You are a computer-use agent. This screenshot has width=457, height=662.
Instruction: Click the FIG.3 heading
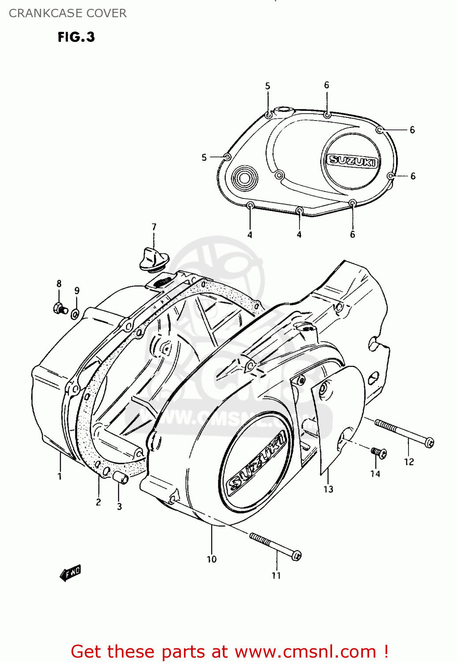(76, 37)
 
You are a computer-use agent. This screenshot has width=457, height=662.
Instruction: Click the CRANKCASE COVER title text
(67, 13)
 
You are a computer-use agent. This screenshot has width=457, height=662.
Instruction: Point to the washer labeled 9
(75, 314)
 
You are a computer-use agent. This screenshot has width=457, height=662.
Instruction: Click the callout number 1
(60, 476)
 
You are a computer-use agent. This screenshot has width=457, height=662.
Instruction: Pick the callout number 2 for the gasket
(98, 502)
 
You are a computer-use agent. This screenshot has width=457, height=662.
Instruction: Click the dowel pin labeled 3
(120, 478)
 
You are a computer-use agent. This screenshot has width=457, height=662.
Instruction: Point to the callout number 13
(328, 489)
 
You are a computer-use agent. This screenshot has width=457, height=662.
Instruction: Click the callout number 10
(212, 559)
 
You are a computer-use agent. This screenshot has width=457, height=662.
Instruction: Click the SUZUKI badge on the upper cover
(352, 161)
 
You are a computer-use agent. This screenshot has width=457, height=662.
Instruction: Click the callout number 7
(154, 227)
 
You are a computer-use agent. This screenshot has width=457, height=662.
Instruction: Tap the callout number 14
(375, 474)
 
